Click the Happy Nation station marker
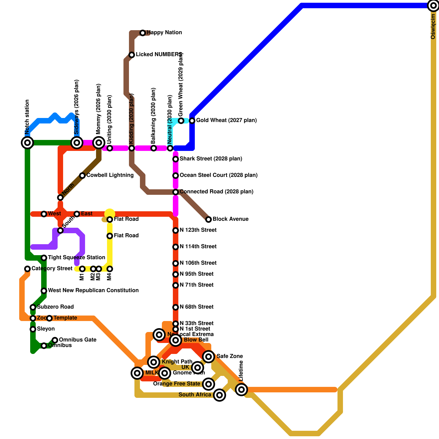pos(143,33)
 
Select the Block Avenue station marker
pos(209,219)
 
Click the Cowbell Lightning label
pos(110,175)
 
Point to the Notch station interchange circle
pos(27,143)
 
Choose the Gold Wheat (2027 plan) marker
pos(192,121)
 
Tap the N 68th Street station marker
pos(176,307)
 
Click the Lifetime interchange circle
pos(241,390)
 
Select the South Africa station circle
pos(219,395)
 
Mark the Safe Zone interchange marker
pos(209,357)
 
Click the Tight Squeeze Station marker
pos(44,258)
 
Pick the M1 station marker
pos(82,269)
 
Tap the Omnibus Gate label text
pos(78,340)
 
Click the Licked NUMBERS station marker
pos(132,55)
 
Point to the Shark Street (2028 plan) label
pos(211,159)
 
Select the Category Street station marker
pos(27,269)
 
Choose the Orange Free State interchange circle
pos(209,384)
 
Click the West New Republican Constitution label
pos(93,291)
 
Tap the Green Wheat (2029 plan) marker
pos(181,121)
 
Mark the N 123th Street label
pos(198,230)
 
